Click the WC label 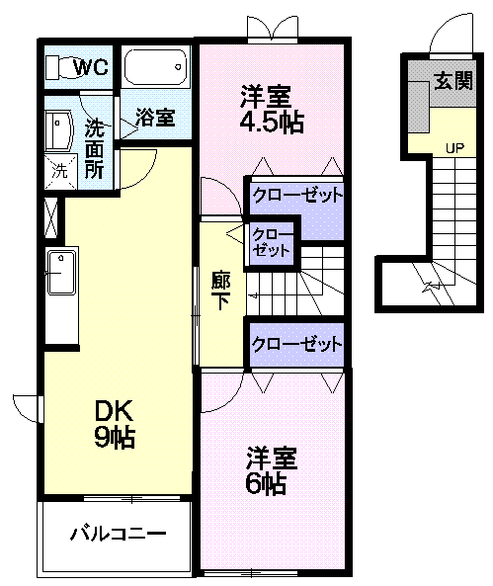[91, 67]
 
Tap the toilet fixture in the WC [61, 67]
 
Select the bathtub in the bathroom [155, 67]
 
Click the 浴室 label [155, 117]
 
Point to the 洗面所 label [94, 149]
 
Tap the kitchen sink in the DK [61, 273]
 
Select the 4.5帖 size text [272, 122]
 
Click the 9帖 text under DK [115, 437]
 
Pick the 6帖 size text [266, 483]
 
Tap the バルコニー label [119, 534]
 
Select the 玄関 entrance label [453, 80]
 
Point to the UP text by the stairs [454, 148]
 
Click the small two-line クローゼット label [272, 242]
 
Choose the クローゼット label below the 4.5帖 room [297, 195]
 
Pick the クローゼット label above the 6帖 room [296, 344]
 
